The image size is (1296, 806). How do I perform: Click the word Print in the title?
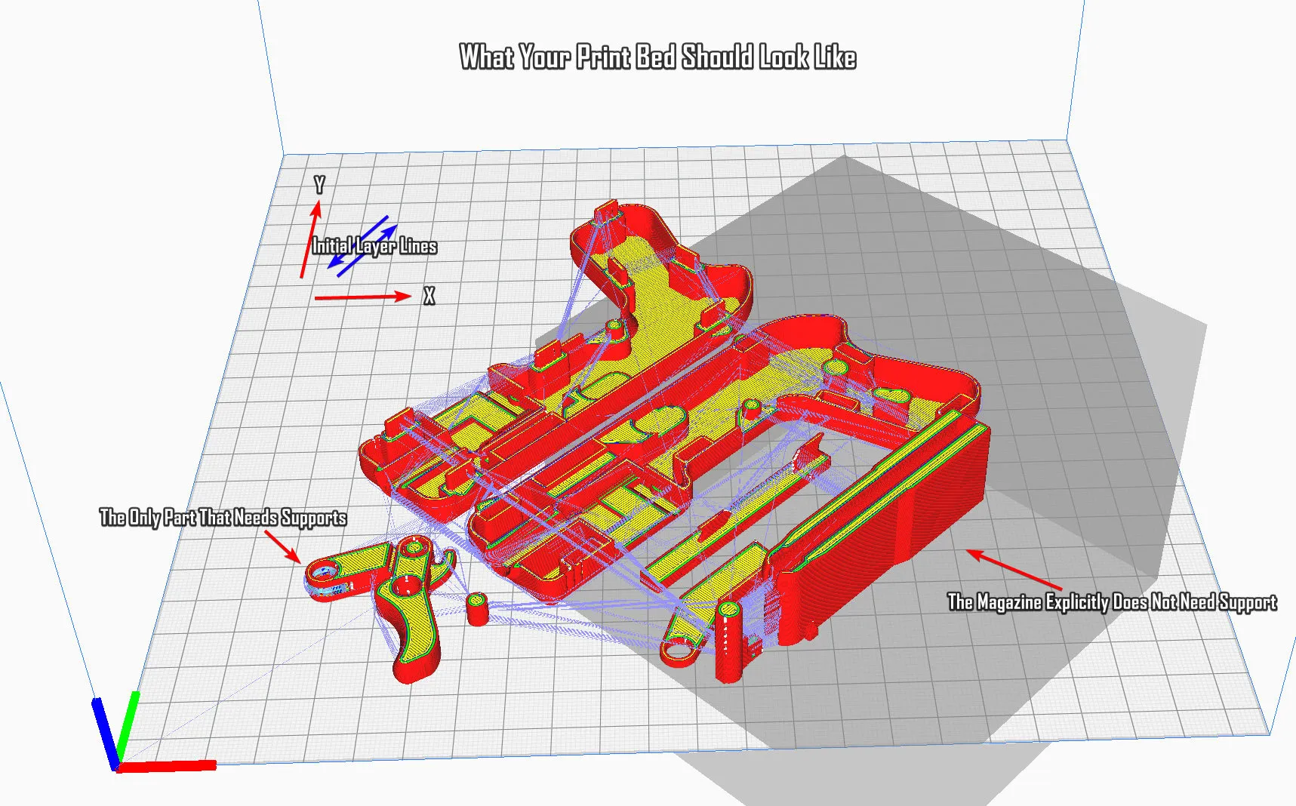[x=603, y=57]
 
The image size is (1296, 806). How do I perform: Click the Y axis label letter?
[x=319, y=185]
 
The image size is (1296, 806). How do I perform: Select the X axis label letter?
[x=429, y=297]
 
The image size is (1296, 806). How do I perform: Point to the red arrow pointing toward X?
[x=362, y=297]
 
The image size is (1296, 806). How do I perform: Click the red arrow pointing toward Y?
[x=310, y=238]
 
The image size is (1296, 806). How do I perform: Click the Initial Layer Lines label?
[x=374, y=246]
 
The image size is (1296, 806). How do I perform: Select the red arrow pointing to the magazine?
[x=1014, y=570]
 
